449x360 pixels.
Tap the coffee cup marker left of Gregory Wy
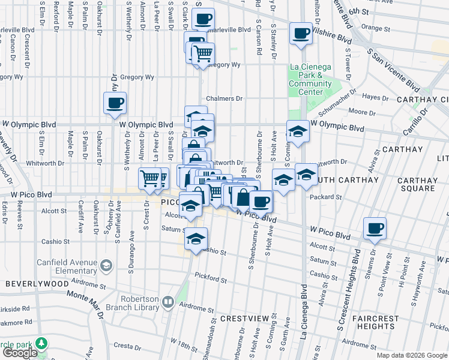coord(115,103)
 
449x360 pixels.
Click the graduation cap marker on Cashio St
coord(196,239)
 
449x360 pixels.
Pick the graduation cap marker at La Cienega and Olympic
coord(297,131)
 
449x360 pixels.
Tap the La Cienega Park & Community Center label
coord(310,75)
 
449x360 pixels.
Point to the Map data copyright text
coord(412,355)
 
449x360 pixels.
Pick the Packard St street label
coord(326,196)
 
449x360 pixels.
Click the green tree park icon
coord(41,343)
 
